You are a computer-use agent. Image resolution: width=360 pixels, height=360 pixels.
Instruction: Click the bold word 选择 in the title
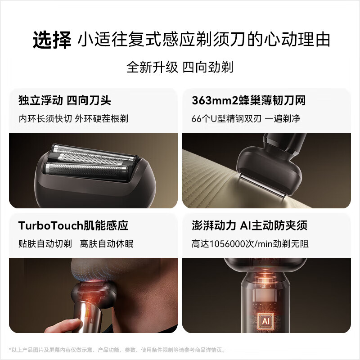52,40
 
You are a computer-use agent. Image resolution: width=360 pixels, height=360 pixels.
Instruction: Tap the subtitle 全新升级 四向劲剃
180,67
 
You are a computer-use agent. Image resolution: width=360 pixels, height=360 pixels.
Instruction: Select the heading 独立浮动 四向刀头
65,100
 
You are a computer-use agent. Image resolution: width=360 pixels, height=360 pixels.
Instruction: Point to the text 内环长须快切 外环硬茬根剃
73,118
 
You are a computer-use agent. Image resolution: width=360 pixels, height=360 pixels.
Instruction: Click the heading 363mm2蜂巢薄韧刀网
248,100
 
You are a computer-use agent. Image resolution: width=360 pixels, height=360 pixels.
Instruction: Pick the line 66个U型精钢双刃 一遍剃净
246,118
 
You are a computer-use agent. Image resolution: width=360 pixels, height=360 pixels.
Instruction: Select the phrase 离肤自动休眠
107,243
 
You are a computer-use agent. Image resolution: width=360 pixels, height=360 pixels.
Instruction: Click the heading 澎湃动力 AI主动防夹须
249,225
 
